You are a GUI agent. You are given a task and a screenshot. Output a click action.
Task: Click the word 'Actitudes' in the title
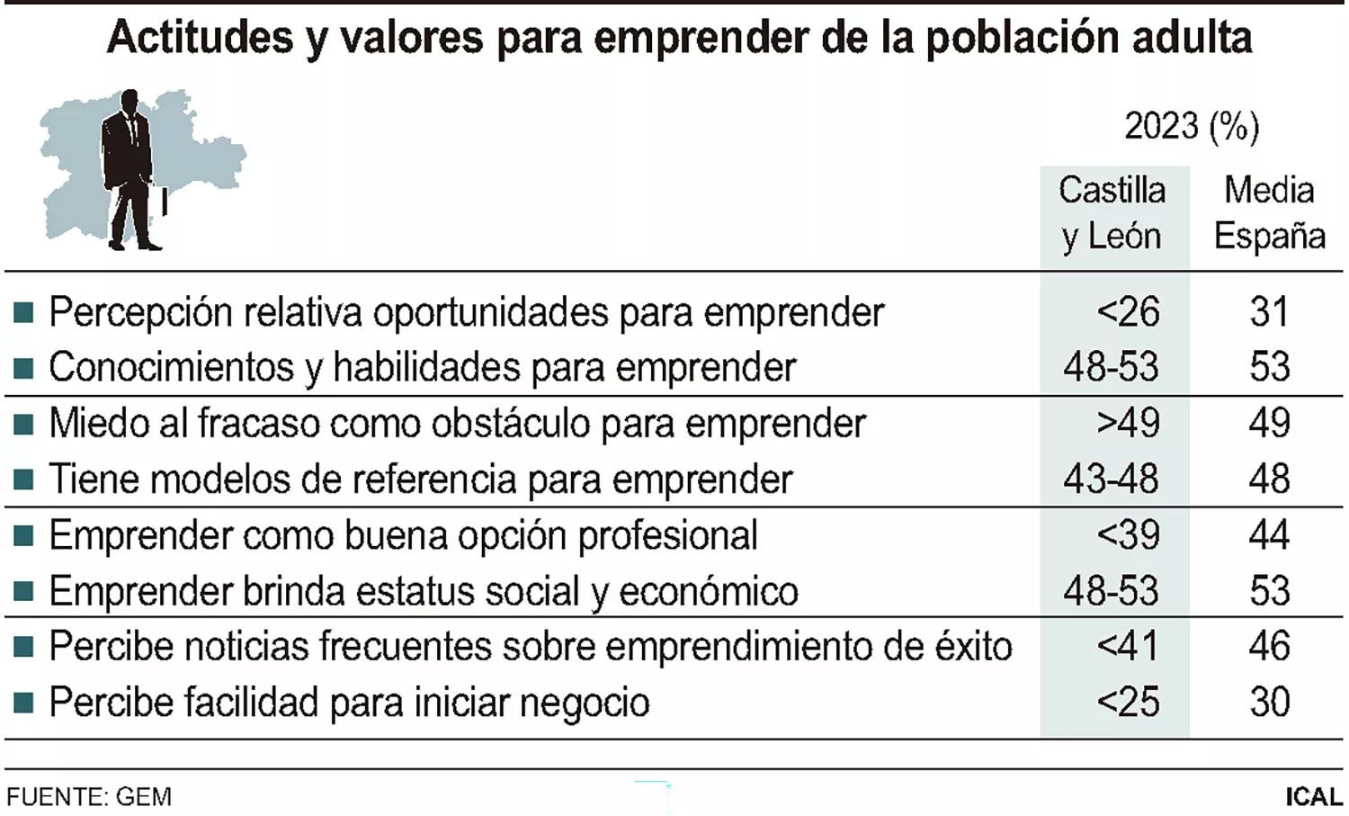click(200, 38)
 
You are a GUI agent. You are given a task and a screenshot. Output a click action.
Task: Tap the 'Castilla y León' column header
click(1112, 213)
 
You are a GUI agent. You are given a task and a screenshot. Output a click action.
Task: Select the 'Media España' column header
click(1269, 213)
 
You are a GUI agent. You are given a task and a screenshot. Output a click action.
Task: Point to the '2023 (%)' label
click(1191, 126)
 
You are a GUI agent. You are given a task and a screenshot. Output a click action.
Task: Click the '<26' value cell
click(1128, 312)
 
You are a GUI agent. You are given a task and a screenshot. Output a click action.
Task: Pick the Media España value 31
click(1269, 312)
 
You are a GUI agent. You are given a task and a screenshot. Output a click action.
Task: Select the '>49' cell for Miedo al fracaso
click(1128, 423)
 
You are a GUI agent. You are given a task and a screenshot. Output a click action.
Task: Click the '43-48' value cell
click(1112, 480)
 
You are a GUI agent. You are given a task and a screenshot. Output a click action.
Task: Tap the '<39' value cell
click(1128, 535)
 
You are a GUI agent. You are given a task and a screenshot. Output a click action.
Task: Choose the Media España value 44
click(1269, 535)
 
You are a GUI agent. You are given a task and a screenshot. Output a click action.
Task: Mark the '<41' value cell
click(1128, 646)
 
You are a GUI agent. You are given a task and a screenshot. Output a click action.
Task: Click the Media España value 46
click(1269, 646)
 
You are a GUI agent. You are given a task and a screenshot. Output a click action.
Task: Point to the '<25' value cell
click(1128, 702)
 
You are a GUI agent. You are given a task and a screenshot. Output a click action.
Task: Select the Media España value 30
click(1269, 702)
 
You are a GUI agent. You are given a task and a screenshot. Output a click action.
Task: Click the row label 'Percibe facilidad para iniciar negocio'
click(349, 703)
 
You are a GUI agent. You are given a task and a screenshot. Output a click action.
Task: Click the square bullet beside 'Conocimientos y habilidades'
click(24, 368)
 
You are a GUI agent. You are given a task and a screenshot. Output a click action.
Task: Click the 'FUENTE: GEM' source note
click(89, 797)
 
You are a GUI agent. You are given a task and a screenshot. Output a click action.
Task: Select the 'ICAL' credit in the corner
click(1313, 797)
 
